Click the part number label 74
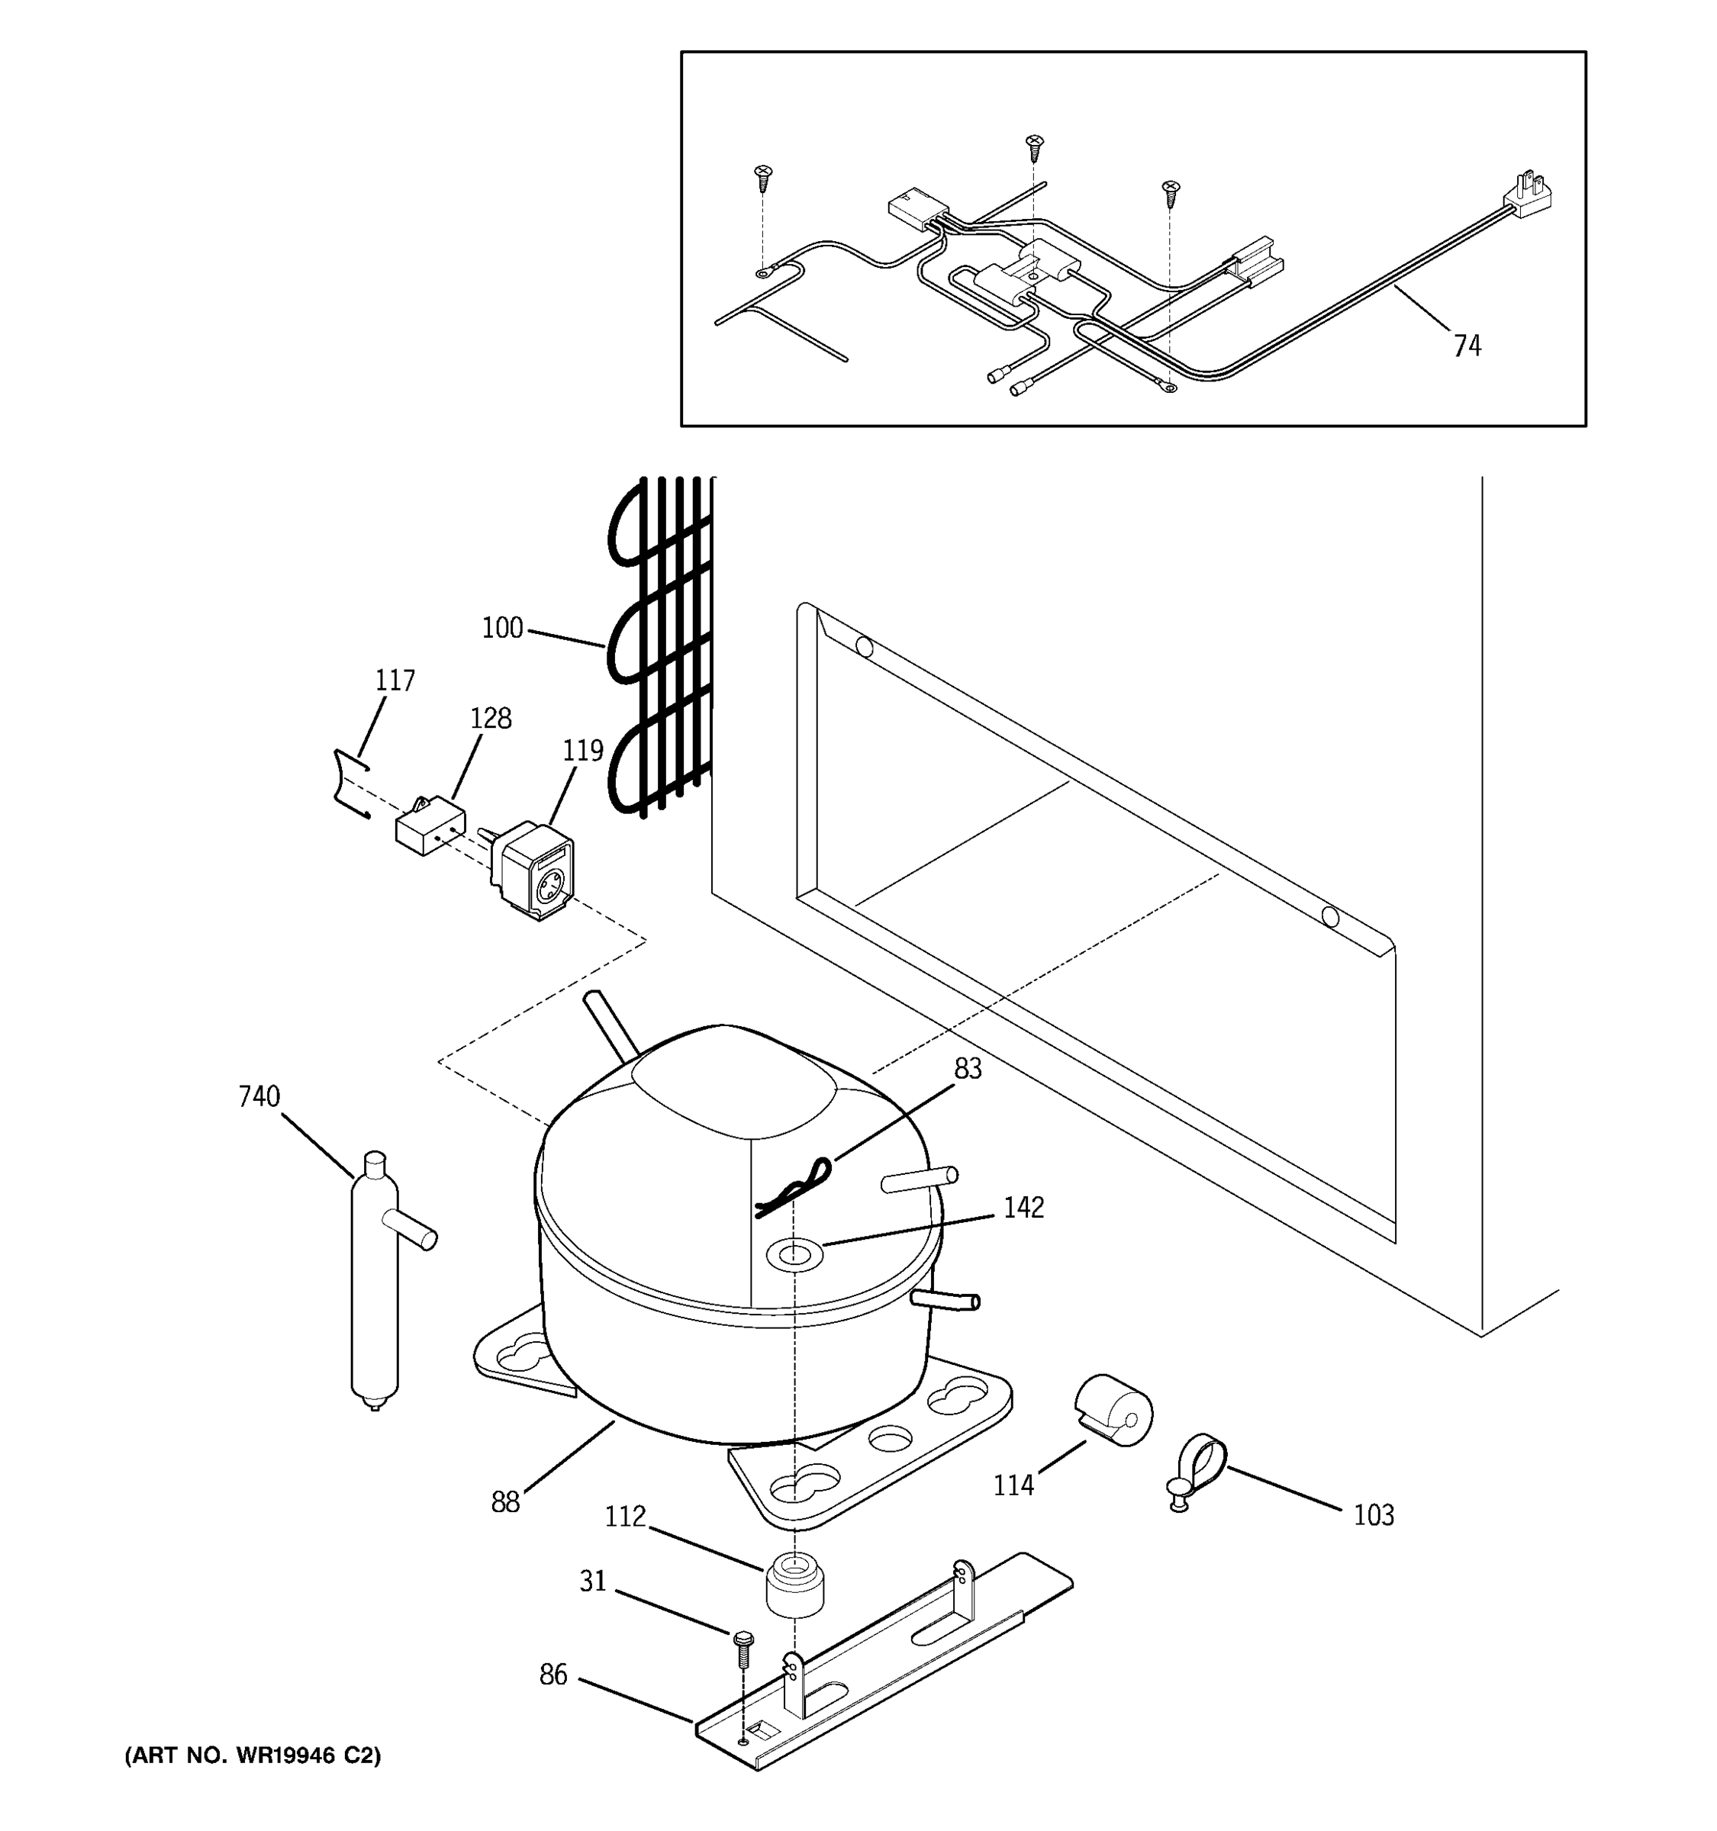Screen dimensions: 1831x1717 tap(1467, 346)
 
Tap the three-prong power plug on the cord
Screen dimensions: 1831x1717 tap(1531, 197)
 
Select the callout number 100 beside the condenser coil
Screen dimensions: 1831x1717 tap(502, 628)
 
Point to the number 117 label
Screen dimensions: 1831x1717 tap(395, 681)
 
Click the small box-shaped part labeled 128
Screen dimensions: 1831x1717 tap(429, 825)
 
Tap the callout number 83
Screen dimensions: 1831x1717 tap(967, 1068)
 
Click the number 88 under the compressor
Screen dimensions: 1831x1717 tap(504, 1503)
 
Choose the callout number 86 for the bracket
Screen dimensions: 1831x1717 tap(552, 1675)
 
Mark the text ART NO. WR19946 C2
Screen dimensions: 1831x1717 tap(253, 1755)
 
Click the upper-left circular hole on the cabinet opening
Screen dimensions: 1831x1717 tap(864, 646)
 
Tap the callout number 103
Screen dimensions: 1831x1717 tap(1373, 1515)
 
